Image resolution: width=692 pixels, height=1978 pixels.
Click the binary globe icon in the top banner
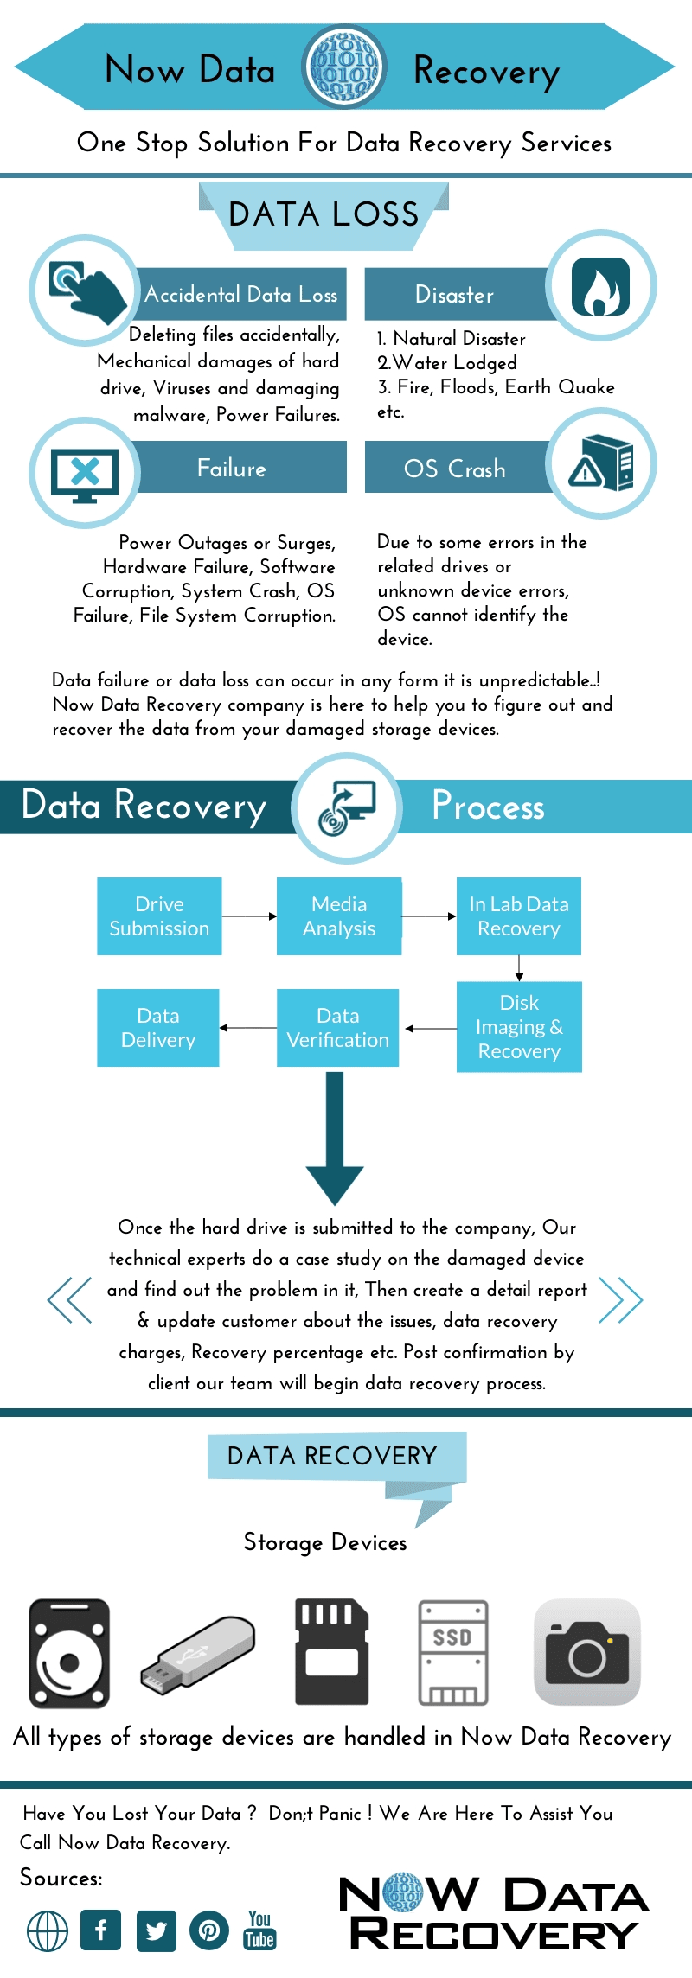344,67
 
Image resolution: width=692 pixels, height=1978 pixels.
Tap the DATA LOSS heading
324,214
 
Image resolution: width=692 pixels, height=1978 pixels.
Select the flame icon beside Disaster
600,285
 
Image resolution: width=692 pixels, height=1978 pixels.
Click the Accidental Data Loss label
241,295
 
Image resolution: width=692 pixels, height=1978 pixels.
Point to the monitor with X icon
85,473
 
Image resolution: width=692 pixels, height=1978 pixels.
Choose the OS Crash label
455,469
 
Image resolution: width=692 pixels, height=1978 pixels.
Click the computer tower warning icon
601,464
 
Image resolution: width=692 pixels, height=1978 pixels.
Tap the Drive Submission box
159,916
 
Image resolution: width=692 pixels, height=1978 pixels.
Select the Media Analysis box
339,916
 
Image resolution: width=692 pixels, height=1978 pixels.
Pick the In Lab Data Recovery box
519,916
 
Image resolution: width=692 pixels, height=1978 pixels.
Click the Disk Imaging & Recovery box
519,1027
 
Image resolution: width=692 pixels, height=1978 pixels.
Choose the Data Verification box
338,1028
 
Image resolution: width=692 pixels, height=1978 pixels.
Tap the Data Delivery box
158,1028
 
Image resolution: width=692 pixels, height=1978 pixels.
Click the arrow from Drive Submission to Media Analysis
249,916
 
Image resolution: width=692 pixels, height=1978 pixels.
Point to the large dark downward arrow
335,1137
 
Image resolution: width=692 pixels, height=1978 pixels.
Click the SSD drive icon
452,1652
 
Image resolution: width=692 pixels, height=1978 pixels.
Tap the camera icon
587,1652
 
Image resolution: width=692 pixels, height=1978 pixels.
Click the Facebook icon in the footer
101,1930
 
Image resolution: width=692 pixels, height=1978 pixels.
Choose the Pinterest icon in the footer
209,1930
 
